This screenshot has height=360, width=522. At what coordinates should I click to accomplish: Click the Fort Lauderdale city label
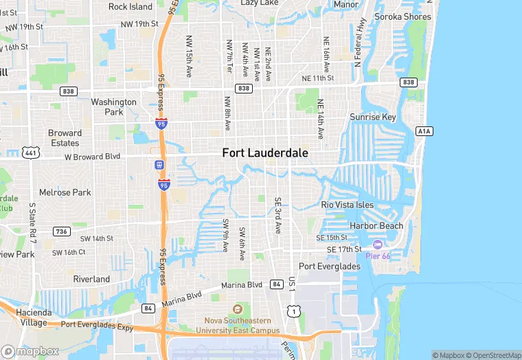tap(265, 153)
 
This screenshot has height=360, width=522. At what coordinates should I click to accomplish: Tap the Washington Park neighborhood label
tap(114, 106)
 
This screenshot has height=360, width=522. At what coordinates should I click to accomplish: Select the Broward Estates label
tap(65, 138)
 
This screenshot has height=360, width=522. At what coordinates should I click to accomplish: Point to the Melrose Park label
tap(65, 192)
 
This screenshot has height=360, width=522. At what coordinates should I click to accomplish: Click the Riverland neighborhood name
tap(91, 279)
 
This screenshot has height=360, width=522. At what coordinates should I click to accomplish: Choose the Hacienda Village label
tap(32, 317)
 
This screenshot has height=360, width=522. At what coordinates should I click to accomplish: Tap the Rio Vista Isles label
tap(348, 205)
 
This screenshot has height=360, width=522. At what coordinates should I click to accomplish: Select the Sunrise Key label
tap(373, 117)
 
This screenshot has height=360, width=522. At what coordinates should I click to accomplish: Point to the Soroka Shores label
tap(403, 16)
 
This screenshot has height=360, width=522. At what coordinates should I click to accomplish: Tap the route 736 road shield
tap(62, 232)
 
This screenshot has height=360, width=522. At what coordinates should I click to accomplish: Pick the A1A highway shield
tap(424, 131)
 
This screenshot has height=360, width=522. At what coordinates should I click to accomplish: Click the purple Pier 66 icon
tap(377, 245)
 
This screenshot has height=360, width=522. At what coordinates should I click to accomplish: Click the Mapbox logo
tap(30, 351)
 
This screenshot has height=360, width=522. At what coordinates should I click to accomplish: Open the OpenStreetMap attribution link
tap(493, 355)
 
